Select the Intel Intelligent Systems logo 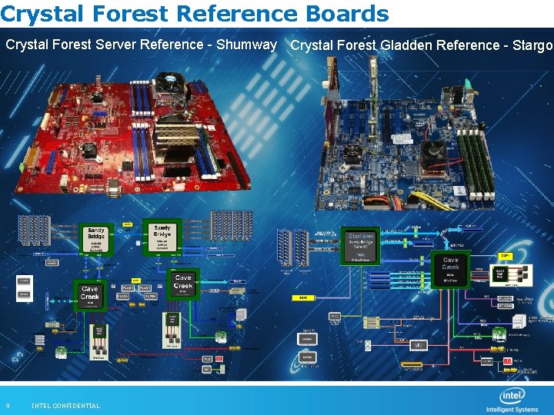pos(512,400)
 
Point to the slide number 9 pos(8,406)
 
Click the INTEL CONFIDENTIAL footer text pos(65,406)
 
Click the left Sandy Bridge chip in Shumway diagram pos(96,237)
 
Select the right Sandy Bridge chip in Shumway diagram pos(162,236)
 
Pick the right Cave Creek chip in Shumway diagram pos(183,282)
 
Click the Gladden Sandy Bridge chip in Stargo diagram pos(359,245)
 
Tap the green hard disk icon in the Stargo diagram pos(499,334)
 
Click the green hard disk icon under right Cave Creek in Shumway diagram pos(221,335)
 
